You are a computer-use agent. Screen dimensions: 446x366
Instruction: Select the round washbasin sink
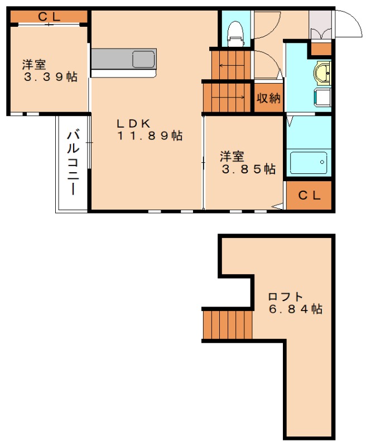(x=322, y=73)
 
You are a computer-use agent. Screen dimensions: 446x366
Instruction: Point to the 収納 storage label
(x=268, y=98)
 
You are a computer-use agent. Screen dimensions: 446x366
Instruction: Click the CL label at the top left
(x=49, y=17)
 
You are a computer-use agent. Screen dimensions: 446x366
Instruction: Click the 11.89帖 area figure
(x=150, y=135)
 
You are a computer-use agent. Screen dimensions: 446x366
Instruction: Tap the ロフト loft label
(x=286, y=296)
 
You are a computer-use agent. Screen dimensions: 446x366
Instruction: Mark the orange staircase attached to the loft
(x=228, y=324)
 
